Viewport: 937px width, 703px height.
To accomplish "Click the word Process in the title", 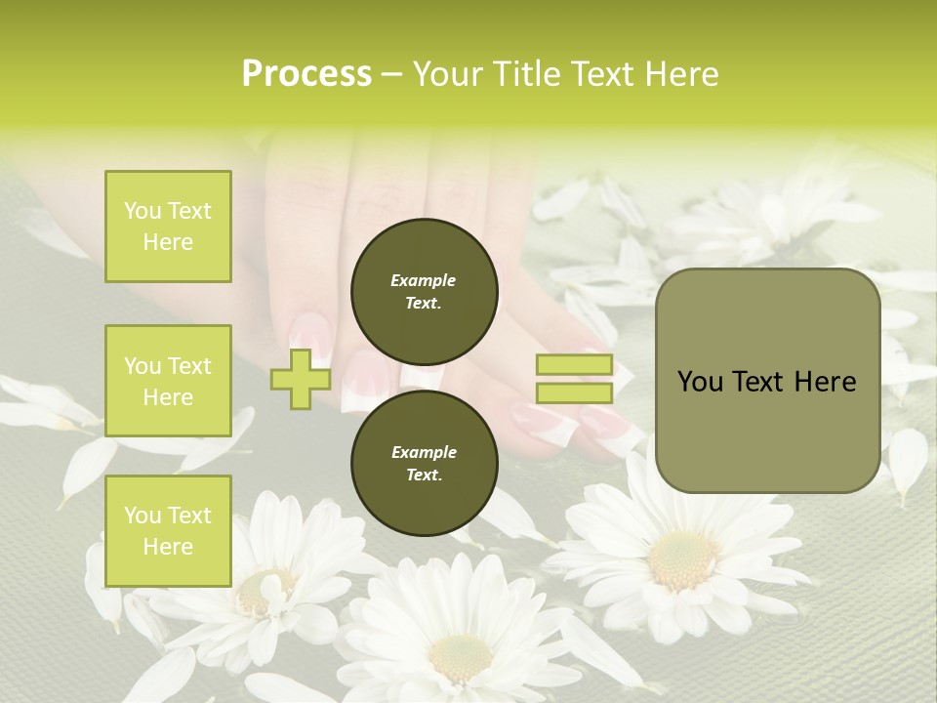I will (x=306, y=74).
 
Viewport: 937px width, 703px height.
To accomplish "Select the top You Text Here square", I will (x=168, y=227).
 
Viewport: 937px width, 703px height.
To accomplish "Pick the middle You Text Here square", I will (x=168, y=381).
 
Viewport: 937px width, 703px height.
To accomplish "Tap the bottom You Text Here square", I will (x=168, y=531).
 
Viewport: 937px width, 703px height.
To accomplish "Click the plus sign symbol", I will (x=301, y=379).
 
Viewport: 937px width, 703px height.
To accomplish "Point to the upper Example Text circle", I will (x=425, y=291).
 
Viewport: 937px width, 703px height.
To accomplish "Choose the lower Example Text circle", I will (x=425, y=463).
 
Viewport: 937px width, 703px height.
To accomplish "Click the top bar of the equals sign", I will (x=575, y=365).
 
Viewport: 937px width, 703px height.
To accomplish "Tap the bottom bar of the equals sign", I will (x=575, y=393).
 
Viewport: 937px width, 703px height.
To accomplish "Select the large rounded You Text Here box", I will (x=767, y=381).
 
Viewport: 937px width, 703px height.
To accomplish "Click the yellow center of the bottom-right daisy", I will (x=681, y=558).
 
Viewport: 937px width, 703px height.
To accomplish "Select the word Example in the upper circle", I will (x=424, y=280).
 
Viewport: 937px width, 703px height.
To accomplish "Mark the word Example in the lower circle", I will (x=424, y=452).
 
